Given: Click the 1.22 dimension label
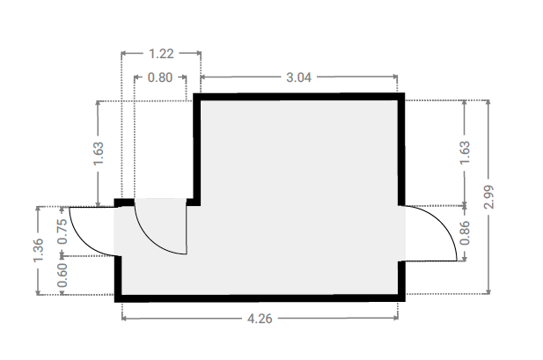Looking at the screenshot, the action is coord(161,54).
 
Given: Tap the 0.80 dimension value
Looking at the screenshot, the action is coord(160,77).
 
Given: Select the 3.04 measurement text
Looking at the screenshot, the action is coord(299,77).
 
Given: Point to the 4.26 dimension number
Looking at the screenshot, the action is coord(260,319).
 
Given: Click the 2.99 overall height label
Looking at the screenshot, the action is coord(488,197).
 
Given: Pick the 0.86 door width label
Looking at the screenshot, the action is coord(465,232).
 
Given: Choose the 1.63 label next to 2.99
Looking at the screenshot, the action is coord(465,153).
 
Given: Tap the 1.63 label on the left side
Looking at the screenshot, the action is coord(99,153).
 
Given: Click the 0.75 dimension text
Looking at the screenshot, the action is coord(62,231).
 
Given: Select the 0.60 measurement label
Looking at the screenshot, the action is coord(62,276).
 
